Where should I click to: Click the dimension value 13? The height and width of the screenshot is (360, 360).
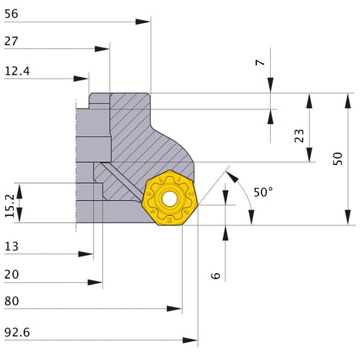[x=12, y=246]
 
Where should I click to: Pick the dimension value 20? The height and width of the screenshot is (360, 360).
[x=12, y=274]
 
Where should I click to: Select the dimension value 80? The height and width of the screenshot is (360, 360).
[x=12, y=302]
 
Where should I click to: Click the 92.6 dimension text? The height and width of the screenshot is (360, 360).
[x=17, y=332]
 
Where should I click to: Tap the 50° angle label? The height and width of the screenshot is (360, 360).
[x=264, y=192]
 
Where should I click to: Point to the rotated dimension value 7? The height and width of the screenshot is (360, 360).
[x=260, y=63]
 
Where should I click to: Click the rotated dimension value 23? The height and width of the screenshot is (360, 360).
[x=298, y=135]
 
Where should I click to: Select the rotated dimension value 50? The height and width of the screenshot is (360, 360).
[x=338, y=159]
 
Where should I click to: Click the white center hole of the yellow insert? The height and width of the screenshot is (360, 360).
[x=170, y=198]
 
